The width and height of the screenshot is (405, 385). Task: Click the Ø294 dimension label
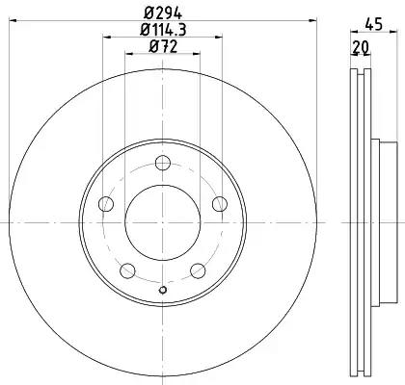163,13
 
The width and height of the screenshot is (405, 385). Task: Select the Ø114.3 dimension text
163,30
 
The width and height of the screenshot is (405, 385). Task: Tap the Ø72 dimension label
163,47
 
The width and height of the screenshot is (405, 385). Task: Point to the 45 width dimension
374,24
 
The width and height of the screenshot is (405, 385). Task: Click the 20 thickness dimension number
360,47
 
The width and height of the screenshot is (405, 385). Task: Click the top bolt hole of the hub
163,163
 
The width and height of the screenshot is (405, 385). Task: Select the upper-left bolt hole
106,204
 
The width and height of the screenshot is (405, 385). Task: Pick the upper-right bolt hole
220,204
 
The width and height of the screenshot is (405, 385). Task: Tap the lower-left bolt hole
127,270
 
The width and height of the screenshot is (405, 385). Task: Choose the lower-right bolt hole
198,270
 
